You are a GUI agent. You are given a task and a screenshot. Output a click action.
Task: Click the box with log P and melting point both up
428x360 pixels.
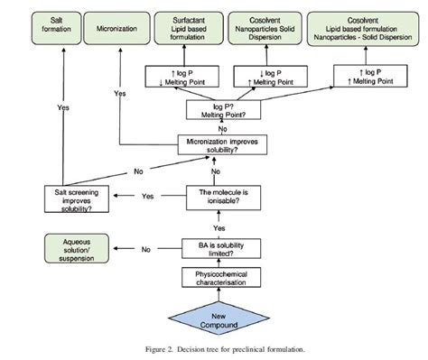(x=364, y=73)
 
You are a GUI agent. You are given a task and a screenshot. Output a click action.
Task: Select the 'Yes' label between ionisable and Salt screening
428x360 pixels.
(x=149, y=196)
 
